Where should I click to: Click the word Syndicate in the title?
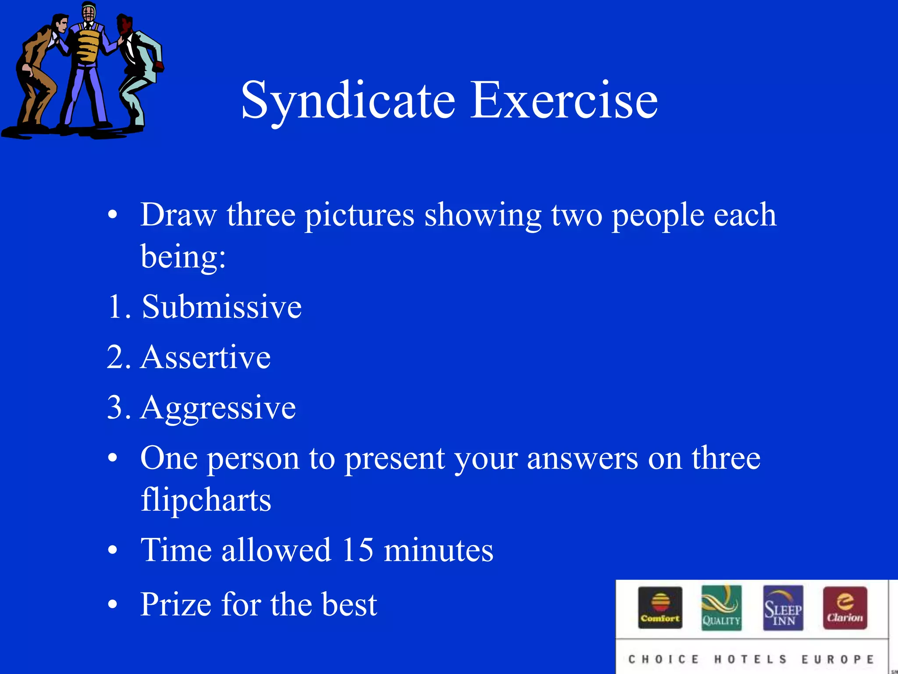[x=349, y=101]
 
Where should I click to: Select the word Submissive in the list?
[x=222, y=307]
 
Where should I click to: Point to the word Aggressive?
[x=218, y=408]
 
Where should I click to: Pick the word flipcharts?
[x=206, y=500]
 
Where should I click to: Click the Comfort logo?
[x=660, y=608]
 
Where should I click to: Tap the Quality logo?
[x=721, y=608]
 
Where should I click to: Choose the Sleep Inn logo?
[x=783, y=608]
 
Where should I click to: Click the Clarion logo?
[x=845, y=608]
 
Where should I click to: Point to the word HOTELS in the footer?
[x=751, y=660]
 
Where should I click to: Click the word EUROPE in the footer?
[x=837, y=660]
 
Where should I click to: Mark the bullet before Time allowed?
[x=113, y=550]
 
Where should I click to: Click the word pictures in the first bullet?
[x=360, y=215]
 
